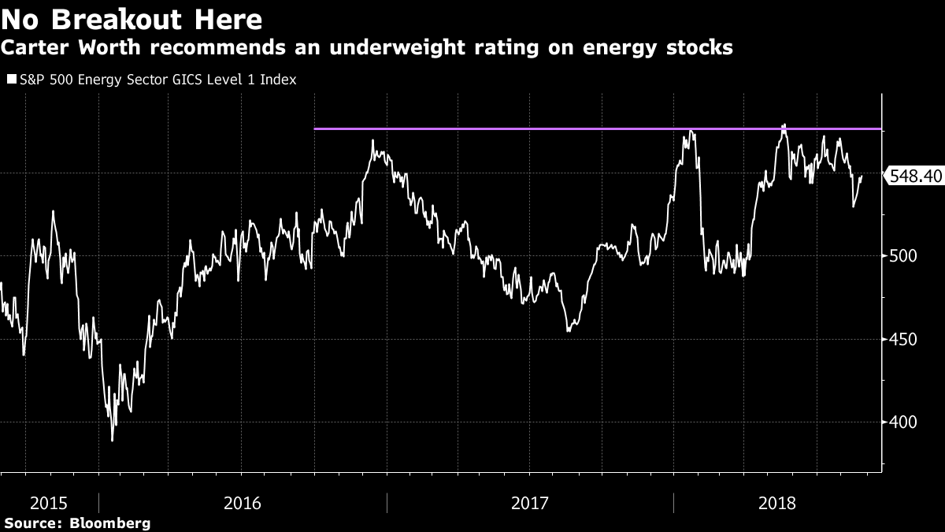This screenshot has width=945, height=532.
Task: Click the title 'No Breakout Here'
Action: point(132,18)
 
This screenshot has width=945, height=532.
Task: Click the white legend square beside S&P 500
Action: point(11,80)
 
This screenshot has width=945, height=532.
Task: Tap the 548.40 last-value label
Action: point(915,177)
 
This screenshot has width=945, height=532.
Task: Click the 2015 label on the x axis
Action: point(48,502)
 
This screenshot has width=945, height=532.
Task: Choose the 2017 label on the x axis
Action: point(530,502)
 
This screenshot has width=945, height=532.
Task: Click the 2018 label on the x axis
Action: point(779,502)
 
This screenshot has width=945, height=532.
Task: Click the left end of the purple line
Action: point(315,128)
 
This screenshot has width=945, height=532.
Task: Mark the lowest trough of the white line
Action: point(112,440)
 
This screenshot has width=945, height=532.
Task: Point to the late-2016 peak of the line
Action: point(373,142)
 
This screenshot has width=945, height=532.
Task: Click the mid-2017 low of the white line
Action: point(569,330)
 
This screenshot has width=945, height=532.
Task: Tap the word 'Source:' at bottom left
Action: point(33,523)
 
